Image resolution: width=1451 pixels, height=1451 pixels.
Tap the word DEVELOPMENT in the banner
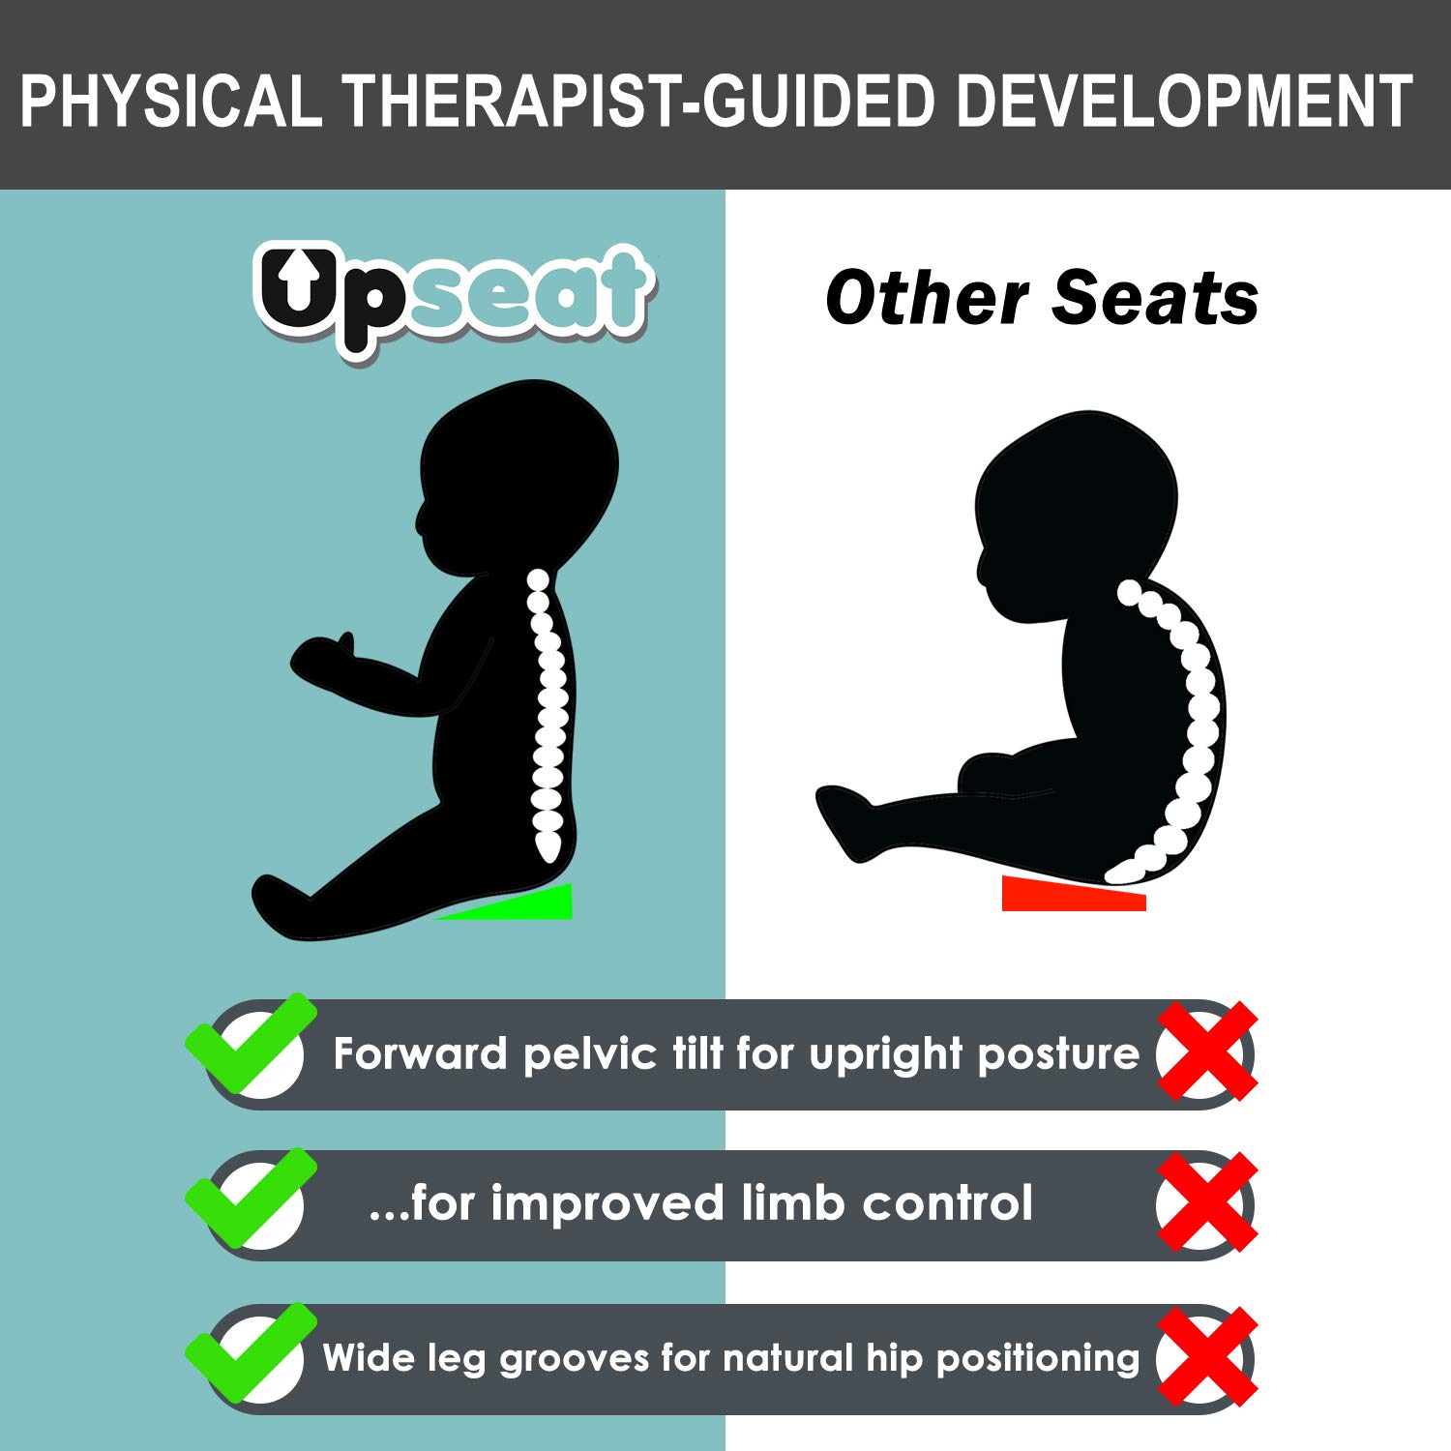(x=1185, y=101)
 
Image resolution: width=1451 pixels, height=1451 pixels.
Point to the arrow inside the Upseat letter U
(x=299, y=280)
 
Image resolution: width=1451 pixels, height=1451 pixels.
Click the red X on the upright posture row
(x=1206, y=1052)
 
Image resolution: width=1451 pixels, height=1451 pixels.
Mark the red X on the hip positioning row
(x=1206, y=1357)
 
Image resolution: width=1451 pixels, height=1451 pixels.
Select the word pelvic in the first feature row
(x=589, y=1054)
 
